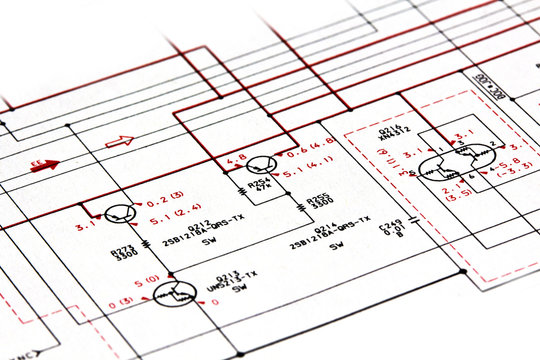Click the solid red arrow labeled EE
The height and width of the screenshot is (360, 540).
[44, 166]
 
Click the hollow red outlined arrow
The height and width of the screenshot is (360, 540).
[119, 142]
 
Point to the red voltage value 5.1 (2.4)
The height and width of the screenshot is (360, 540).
[172, 220]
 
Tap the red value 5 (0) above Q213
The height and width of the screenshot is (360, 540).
[147, 281]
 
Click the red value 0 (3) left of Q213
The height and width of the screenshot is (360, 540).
[121, 301]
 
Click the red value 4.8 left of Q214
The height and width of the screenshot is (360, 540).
[237, 158]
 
